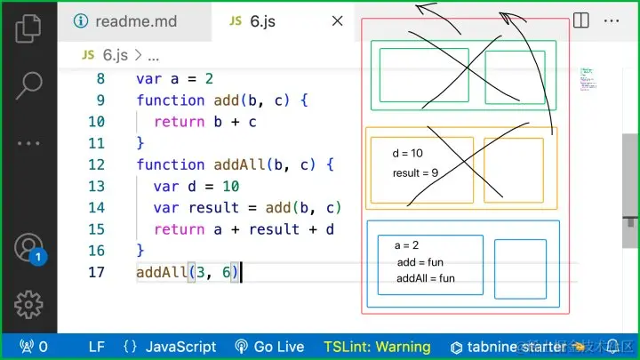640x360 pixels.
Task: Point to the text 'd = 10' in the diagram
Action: [x=407, y=154]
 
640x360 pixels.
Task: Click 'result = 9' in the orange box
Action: [x=415, y=172]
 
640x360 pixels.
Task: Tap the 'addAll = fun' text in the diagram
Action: [x=426, y=278]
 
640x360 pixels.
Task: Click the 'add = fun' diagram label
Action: [x=420, y=262]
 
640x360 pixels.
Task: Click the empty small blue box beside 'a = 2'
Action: [x=520, y=268]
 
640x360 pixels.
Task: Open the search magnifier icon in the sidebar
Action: [x=28, y=85]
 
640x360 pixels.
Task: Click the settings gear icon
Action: [x=28, y=303]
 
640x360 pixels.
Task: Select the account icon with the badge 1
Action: [x=29, y=247]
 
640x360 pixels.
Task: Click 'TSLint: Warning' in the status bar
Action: [x=377, y=347]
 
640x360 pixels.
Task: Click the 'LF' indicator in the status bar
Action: [x=96, y=347]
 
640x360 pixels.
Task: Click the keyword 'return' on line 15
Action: [x=179, y=229]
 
